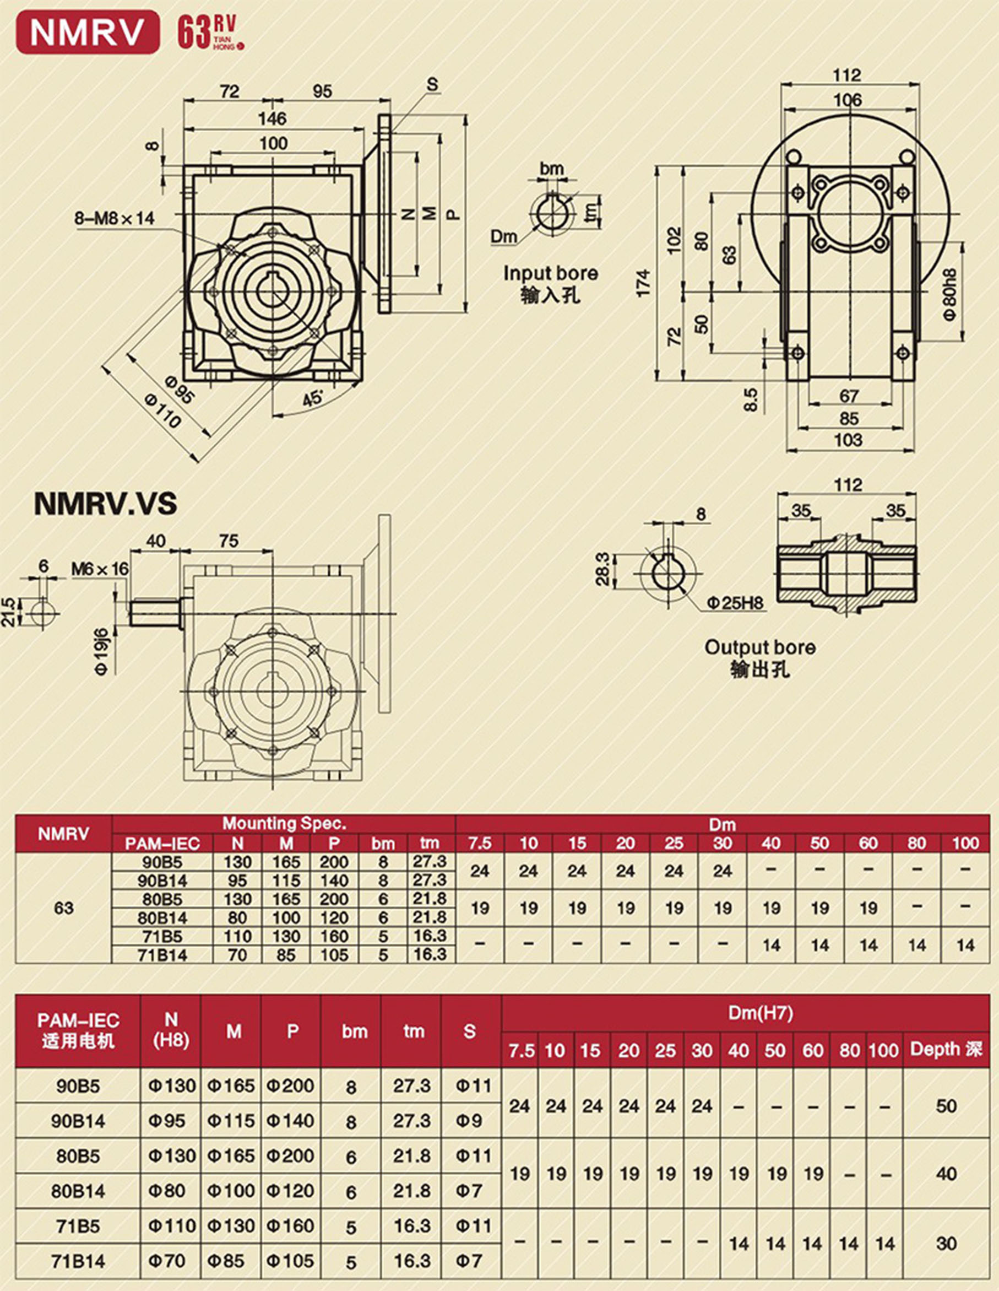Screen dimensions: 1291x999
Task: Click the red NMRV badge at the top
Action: tap(88, 33)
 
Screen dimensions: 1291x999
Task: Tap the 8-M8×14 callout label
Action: tap(115, 219)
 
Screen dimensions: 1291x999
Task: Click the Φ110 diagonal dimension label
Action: tap(162, 410)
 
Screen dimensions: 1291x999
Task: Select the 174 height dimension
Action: tap(643, 283)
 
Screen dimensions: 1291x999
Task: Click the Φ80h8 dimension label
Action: tap(949, 294)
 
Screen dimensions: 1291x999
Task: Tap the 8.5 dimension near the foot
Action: tap(750, 399)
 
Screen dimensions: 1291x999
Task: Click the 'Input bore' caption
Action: tap(550, 274)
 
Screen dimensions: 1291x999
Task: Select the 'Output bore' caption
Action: tap(760, 647)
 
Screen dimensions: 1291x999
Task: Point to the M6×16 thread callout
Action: tap(100, 569)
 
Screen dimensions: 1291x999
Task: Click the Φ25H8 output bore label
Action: tap(736, 603)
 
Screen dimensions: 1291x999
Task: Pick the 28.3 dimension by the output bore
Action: tap(602, 569)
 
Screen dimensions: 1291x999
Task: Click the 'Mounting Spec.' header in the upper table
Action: tap(284, 823)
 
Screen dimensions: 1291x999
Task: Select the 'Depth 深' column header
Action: tap(946, 1049)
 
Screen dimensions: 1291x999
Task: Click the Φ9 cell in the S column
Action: tap(470, 1121)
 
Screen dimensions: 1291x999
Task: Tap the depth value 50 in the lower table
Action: tap(946, 1106)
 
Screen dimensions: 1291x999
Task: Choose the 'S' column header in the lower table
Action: tap(470, 1031)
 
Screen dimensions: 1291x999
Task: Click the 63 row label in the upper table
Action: tap(63, 908)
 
